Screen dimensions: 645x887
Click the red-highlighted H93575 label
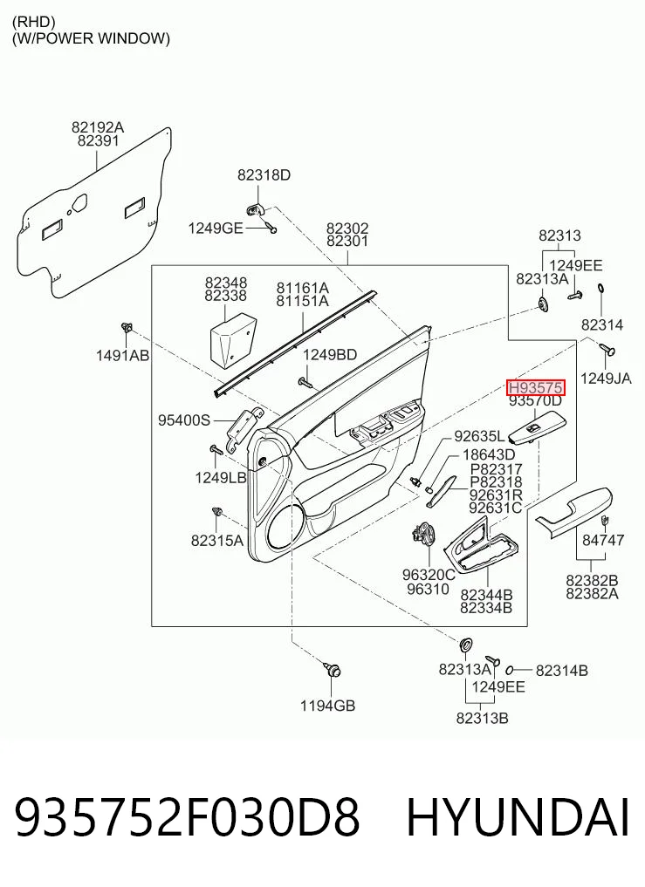coord(535,387)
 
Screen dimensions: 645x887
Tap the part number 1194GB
coord(327,706)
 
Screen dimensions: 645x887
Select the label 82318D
coord(264,175)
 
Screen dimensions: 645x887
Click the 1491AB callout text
coord(122,355)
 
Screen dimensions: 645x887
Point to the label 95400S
coord(184,420)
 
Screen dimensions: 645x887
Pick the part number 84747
coord(603,540)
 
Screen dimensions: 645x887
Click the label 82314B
coord(562,671)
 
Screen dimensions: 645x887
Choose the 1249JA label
coord(606,379)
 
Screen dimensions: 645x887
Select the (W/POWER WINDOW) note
coord(91,38)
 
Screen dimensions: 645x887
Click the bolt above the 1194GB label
coord(332,669)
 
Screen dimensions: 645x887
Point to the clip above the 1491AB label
coord(126,327)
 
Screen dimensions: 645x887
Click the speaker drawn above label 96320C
coord(422,535)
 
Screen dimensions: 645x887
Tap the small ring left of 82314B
coord(509,670)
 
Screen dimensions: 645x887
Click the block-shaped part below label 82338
coord(232,339)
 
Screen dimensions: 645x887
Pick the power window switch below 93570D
coord(537,427)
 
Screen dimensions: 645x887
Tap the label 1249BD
coord(330,355)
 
